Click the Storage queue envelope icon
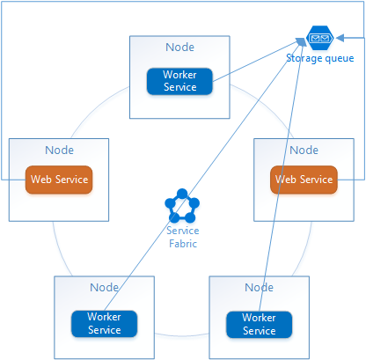(318, 39)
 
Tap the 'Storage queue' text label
(320, 58)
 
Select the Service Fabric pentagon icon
(182, 208)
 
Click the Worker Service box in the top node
(179, 81)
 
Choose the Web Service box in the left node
(59, 180)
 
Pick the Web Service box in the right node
(303, 180)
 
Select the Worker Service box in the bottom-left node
(103, 323)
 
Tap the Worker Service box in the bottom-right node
(259, 324)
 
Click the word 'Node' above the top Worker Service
(179, 47)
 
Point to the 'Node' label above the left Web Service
(59, 150)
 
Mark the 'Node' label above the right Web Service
(303, 150)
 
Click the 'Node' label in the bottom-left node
(104, 288)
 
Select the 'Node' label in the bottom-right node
(259, 288)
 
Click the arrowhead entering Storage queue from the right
(339, 38)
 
